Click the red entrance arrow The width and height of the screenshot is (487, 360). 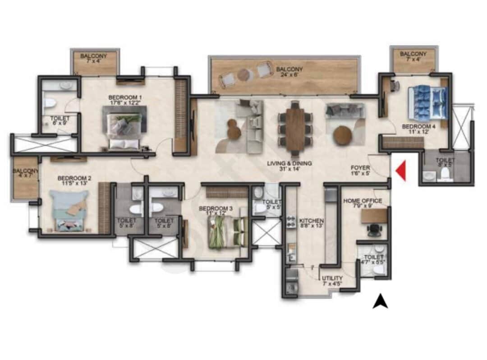tap(400, 171)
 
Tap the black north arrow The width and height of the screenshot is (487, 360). tap(380, 301)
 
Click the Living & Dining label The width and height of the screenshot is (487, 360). tap(296, 166)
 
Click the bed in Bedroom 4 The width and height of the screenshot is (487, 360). tap(427, 103)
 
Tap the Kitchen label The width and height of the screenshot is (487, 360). tap(312, 223)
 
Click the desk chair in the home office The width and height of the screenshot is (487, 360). tap(374, 230)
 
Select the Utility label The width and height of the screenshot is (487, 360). tap(332, 281)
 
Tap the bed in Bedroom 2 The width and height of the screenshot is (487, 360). tap(69, 210)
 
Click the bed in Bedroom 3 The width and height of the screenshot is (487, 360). tap(228, 231)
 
